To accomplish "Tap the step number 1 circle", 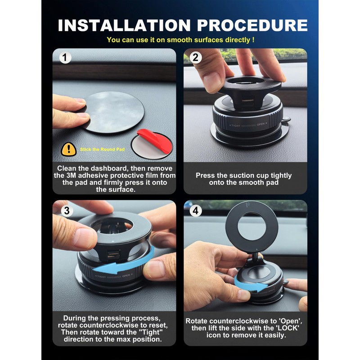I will (66, 58).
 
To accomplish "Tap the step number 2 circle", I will (196, 58).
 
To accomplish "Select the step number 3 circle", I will (66, 210).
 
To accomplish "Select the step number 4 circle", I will (196, 210).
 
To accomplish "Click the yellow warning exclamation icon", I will (68, 149).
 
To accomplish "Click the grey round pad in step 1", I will (115, 112).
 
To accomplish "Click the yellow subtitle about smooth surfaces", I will (180, 40).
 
